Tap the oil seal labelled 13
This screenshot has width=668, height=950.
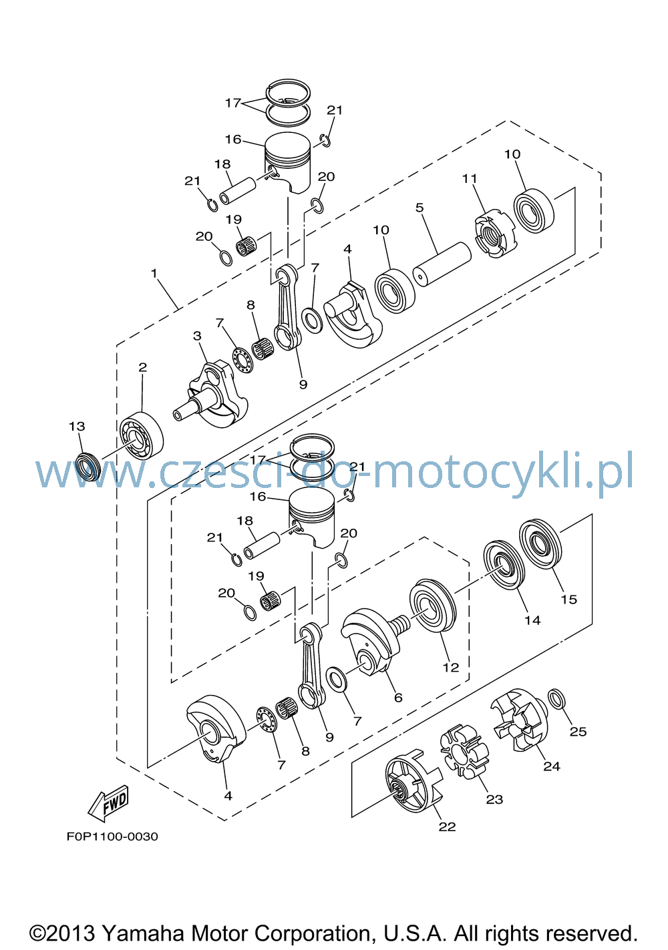click(89, 467)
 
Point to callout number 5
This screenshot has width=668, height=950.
click(420, 208)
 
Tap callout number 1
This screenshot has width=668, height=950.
click(154, 273)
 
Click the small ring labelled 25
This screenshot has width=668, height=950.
click(556, 699)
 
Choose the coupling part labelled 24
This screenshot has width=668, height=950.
click(520, 720)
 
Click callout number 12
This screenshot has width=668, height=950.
click(451, 668)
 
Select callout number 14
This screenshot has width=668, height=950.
click(532, 620)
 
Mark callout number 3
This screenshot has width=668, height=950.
click(197, 336)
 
